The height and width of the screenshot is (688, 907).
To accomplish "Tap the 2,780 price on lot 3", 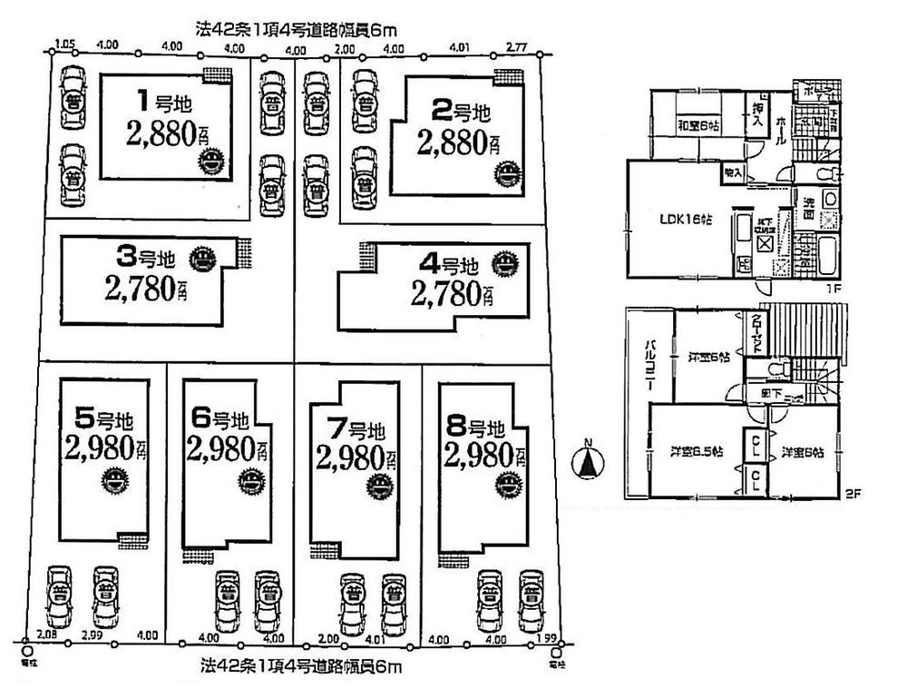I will [146, 291].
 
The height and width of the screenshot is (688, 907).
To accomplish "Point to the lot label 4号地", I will [449, 266].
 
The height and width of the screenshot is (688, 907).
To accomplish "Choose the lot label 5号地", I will [103, 419].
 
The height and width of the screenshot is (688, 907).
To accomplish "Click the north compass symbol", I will [588, 464].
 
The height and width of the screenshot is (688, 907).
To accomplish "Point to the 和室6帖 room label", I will [698, 126].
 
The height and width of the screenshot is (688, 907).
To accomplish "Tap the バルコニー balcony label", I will [649, 367].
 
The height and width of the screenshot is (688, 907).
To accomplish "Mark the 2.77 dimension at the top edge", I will [518, 44].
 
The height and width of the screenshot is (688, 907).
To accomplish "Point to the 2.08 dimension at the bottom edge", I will [47, 635].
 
